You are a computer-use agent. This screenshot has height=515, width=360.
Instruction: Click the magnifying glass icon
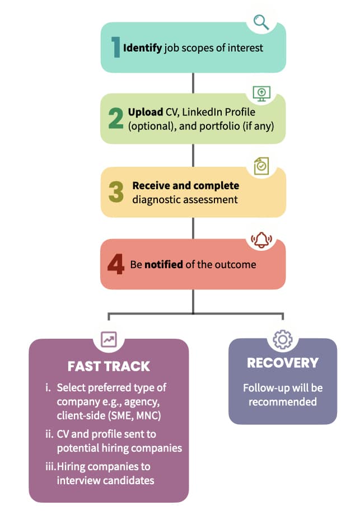pyautogui.click(x=261, y=22)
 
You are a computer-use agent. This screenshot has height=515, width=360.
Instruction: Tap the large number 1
pyautogui.click(x=115, y=47)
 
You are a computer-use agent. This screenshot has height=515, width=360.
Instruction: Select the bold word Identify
pyautogui.click(x=142, y=48)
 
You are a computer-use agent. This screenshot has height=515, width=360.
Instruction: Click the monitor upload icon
pyautogui.click(x=261, y=93)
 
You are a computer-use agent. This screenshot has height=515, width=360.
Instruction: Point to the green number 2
pyautogui.click(x=116, y=118)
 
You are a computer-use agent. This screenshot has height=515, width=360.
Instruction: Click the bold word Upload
pyautogui.click(x=146, y=113)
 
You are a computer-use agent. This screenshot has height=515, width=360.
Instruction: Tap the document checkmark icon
pyautogui.click(x=261, y=166)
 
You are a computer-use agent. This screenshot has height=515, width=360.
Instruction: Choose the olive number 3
pyautogui.click(x=116, y=192)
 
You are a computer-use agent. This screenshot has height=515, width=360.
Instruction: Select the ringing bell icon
pyautogui.click(x=261, y=240)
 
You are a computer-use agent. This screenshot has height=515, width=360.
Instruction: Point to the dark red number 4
pyautogui.click(x=116, y=264)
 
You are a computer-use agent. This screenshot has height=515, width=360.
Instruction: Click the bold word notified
pyautogui.click(x=163, y=264)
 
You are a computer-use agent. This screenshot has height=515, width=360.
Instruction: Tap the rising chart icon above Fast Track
pyautogui.click(x=109, y=339)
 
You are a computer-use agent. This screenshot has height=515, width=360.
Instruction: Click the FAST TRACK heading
pyautogui.click(x=109, y=366)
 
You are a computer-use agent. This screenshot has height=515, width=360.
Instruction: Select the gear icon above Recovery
pyautogui.click(x=283, y=339)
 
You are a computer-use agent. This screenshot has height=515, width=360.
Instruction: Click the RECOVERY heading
pyautogui.click(x=283, y=363)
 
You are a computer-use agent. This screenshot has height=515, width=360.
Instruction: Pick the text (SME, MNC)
pyautogui.click(x=135, y=416)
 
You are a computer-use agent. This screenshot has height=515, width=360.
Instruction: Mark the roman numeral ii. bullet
pyautogui.click(x=49, y=434)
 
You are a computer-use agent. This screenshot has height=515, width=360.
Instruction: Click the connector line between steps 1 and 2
pyautogui.click(x=193, y=83)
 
